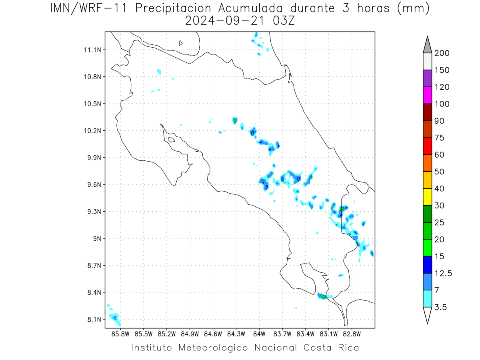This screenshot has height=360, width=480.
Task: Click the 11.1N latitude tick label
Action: tap(92, 50)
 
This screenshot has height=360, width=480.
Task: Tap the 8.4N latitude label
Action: tap(94, 292)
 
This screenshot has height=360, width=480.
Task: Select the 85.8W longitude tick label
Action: tap(120, 334)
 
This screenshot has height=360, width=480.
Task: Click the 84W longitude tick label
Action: tap(259, 334)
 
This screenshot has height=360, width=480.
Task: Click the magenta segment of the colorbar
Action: tap(427, 95)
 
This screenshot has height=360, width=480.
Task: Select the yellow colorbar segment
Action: tap(427, 197)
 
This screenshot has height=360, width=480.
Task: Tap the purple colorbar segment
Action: tap(427, 78)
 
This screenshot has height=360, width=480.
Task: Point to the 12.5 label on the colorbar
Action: tap(443, 274)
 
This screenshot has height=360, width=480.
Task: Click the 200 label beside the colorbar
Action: tap(442, 53)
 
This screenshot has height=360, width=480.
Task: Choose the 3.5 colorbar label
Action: tap(440, 307)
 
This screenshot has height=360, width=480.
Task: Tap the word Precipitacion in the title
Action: tap(173, 8)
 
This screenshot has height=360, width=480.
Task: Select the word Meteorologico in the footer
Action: tap(213, 348)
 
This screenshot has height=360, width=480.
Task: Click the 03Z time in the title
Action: tap(284, 21)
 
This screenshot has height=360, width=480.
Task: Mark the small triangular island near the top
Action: tap(180, 43)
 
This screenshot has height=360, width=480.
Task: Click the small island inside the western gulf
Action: tap(172, 140)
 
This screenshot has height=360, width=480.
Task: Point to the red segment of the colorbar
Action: tap(427, 146)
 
